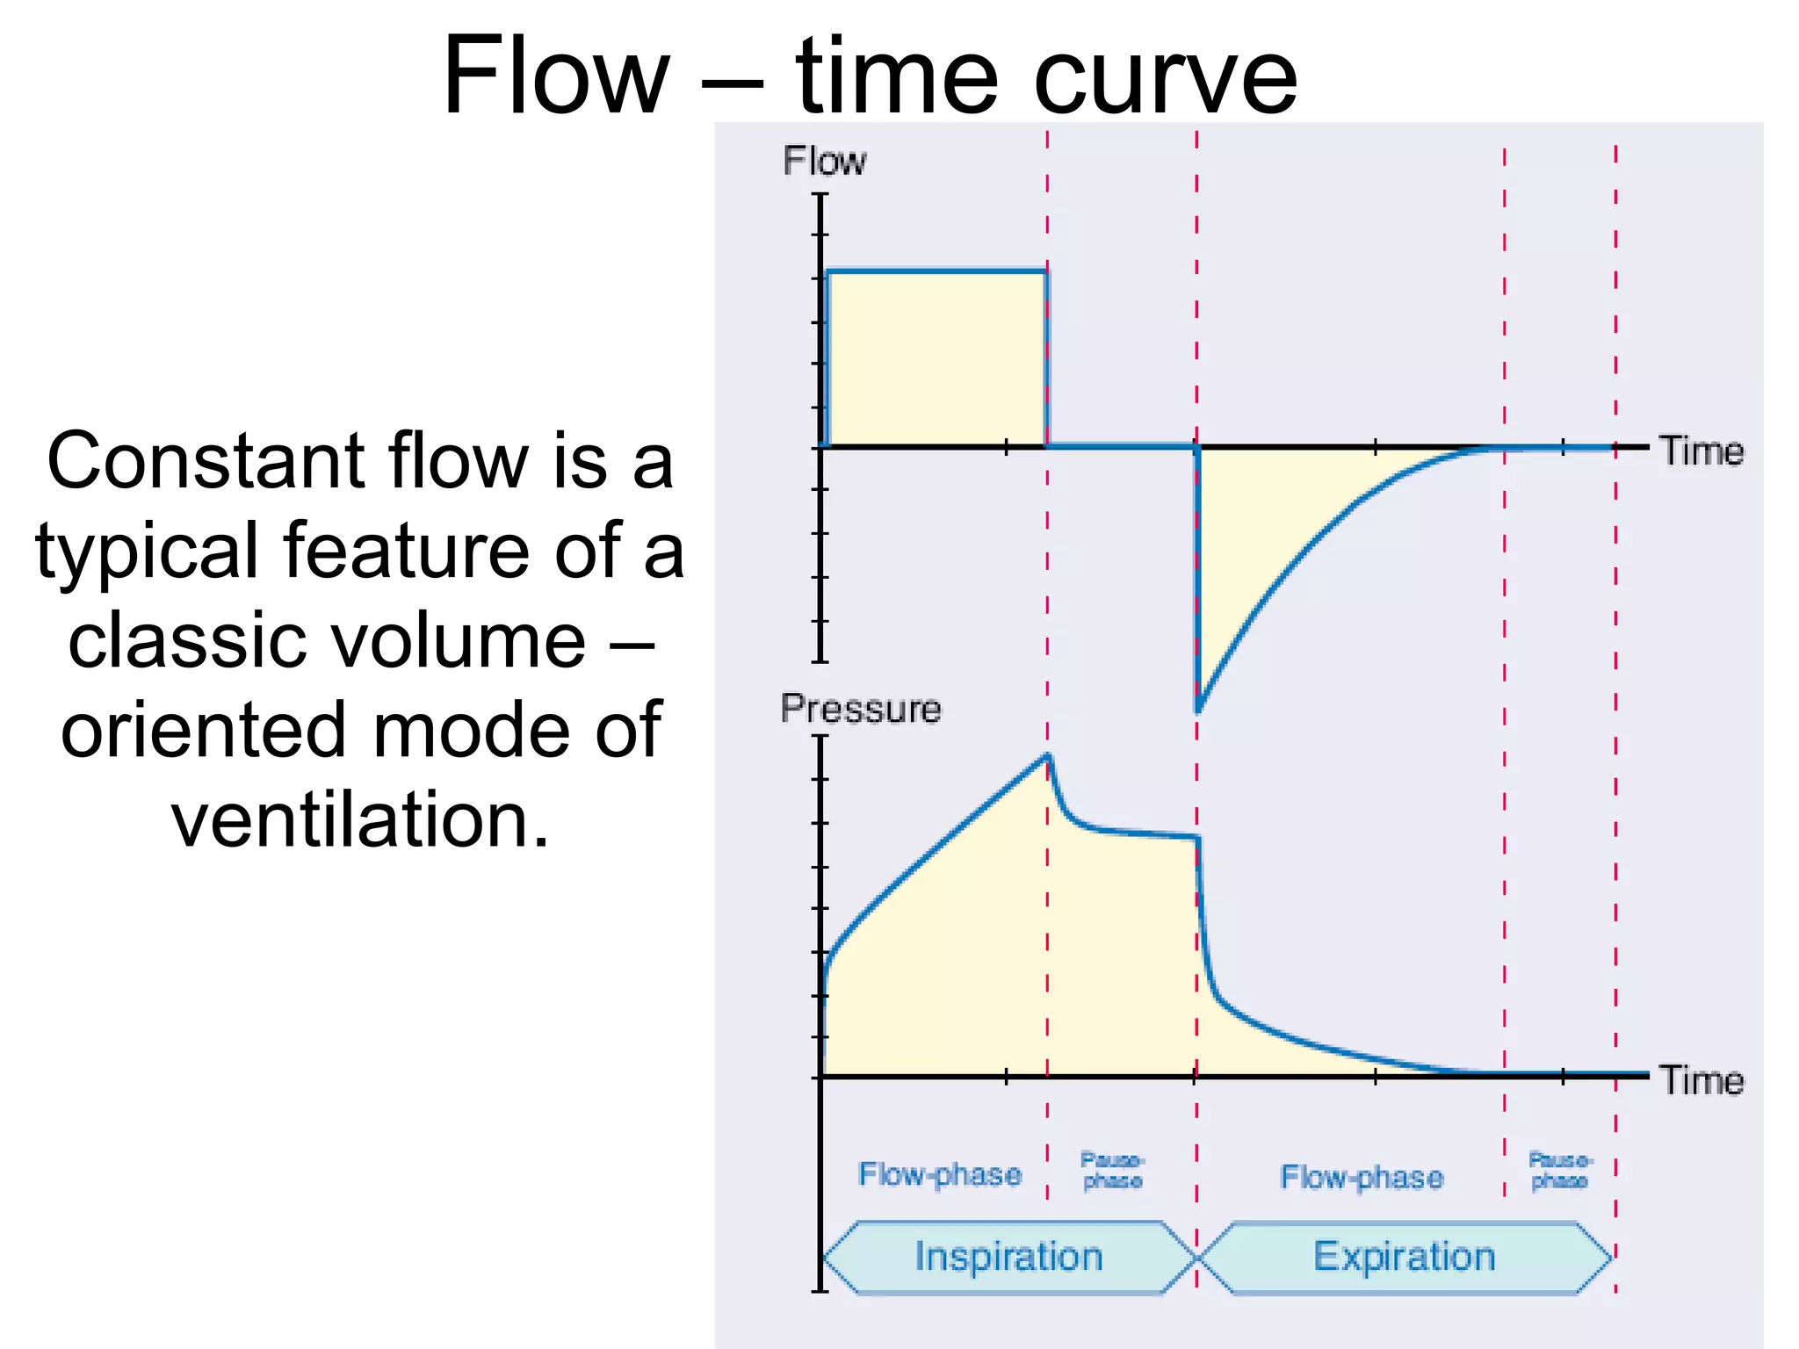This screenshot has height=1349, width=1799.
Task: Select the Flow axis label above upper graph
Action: coord(824,162)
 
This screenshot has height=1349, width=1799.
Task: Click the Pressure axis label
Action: coord(860,709)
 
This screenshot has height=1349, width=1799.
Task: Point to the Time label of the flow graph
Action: coord(1701,451)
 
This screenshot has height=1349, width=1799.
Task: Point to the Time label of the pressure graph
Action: coord(1701,1080)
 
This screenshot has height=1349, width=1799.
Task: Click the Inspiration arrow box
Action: coord(1008,1257)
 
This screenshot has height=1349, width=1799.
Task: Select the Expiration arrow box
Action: coord(1404,1257)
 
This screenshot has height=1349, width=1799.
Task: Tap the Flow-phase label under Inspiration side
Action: coord(940,1174)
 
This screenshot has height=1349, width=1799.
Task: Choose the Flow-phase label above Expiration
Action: coord(1362,1177)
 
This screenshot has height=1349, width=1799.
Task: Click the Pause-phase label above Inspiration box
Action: coord(1112,1171)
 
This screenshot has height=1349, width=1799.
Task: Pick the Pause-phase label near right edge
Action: coord(1560,1171)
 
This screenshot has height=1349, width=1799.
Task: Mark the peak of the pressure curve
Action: coord(1048,755)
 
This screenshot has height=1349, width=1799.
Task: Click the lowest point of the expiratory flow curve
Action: coord(1198,710)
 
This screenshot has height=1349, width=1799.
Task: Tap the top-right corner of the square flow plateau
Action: coord(1045,272)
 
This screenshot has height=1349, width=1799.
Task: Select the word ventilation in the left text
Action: coord(360,820)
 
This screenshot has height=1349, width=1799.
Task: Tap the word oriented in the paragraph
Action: coord(203,731)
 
